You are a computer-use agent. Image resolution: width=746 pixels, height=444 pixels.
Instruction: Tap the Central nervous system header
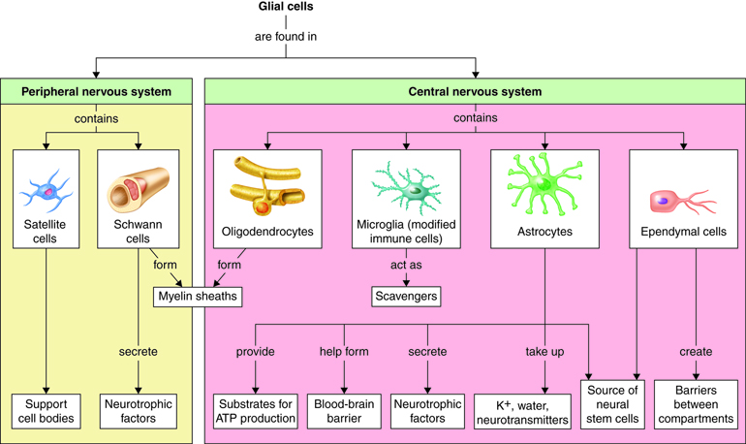tap(475, 92)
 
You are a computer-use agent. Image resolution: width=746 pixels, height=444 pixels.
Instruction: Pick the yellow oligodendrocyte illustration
tap(267, 184)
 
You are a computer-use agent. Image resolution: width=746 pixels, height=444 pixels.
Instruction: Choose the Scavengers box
tap(405, 296)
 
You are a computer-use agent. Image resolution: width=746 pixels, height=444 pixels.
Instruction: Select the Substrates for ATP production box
tap(255, 409)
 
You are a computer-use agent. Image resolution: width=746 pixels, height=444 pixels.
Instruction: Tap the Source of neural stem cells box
tap(613, 403)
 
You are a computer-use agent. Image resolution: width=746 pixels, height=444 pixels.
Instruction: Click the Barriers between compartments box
tap(696, 403)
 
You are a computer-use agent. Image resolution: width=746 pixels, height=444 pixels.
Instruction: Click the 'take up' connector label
tap(544, 352)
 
